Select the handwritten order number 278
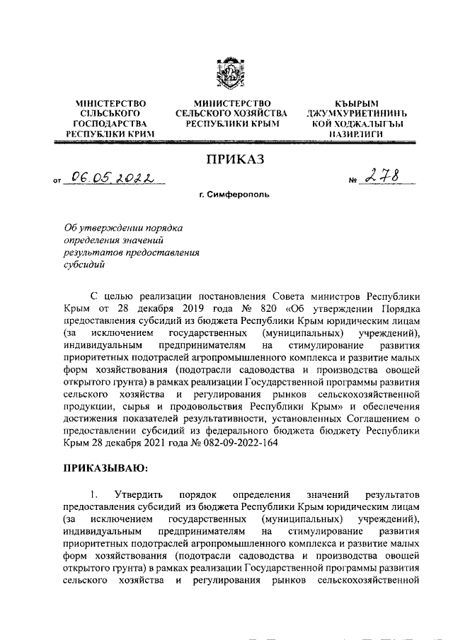[x=382, y=178]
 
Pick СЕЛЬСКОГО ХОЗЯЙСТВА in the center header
[x=231, y=113]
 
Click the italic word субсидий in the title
[x=84, y=266]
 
